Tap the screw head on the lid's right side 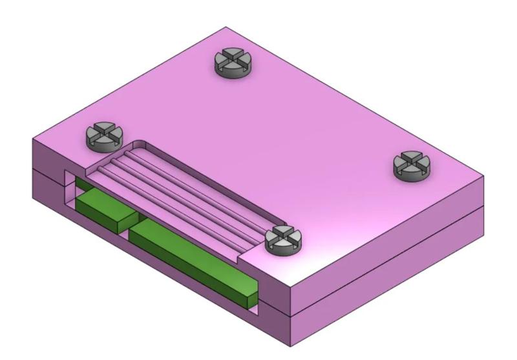click(412, 165)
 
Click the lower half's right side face click(388, 284)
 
